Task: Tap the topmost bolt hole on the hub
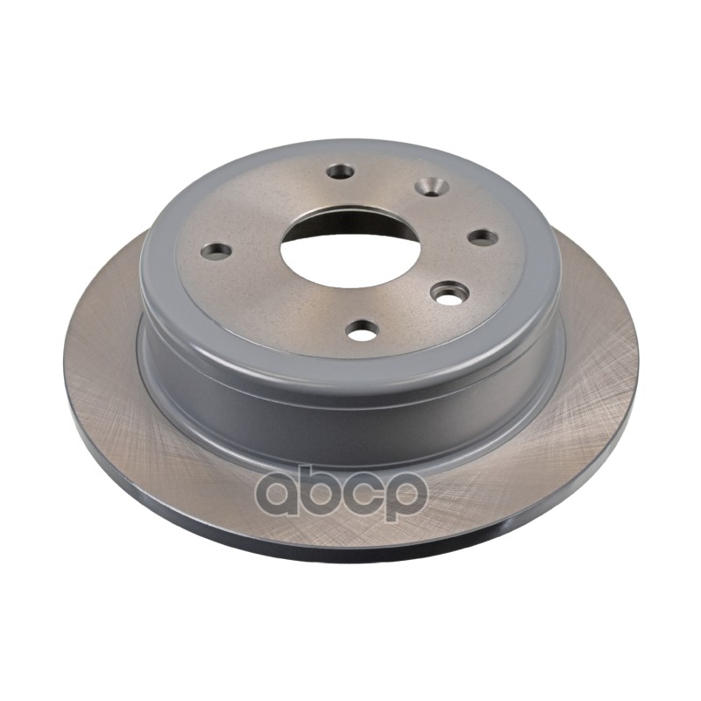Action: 340,171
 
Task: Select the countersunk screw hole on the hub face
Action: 431,186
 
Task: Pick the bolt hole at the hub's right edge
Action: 483,237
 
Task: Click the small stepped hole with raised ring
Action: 450,293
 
